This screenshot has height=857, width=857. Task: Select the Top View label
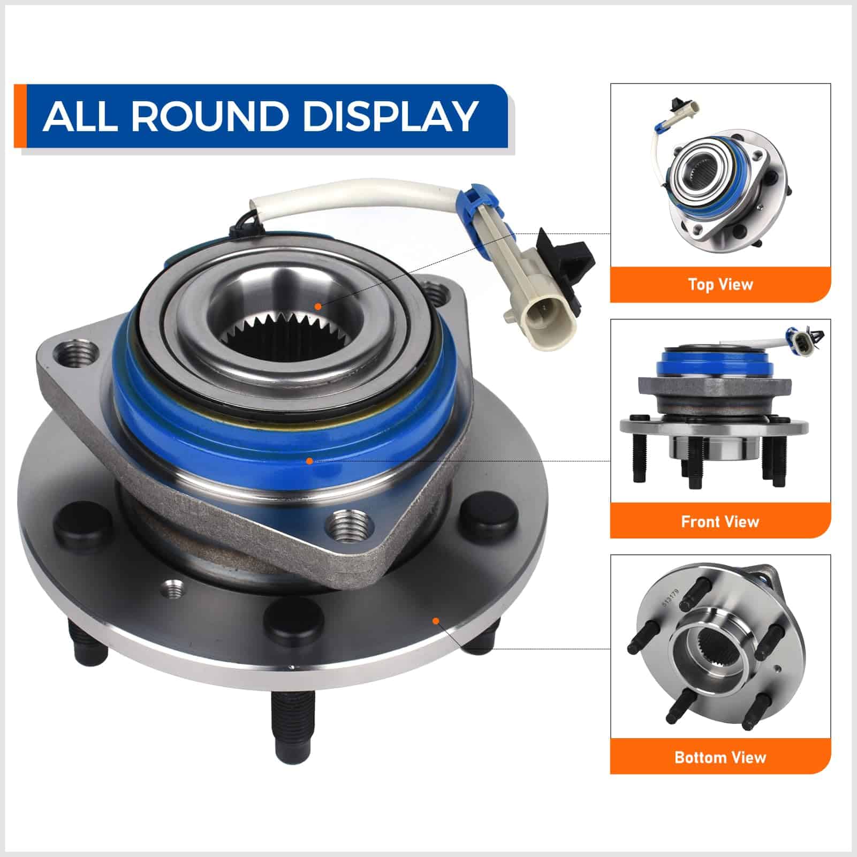tap(721, 284)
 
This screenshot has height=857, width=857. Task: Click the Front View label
tap(721, 521)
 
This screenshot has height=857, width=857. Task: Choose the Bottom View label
tap(721, 757)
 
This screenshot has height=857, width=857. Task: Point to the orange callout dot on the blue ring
tap(309, 461)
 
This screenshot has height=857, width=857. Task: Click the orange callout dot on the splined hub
tap(318, 307)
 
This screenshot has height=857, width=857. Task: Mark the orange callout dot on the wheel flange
tap(436, 620)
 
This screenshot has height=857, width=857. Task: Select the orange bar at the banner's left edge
tap(20, 116)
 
